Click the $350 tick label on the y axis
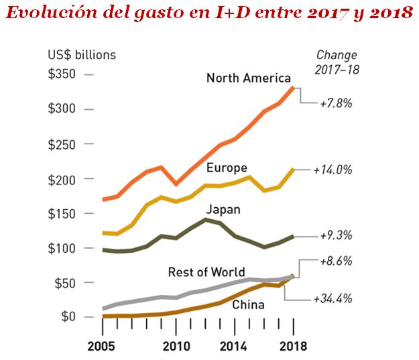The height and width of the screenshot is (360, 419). (61, 74)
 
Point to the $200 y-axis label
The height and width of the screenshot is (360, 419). (61, 179)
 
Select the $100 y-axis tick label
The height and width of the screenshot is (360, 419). (61, 248)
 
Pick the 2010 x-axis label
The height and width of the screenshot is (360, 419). (174, 347)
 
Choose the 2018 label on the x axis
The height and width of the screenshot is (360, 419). (292, 347)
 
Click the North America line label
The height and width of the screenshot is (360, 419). (248, 78)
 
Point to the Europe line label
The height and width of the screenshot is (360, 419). (227, 167)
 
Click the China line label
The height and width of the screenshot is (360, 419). (247, 305)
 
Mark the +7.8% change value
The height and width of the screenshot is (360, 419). (336, 104)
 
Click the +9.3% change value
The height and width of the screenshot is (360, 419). (336, 236)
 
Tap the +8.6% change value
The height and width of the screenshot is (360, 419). (336, 260)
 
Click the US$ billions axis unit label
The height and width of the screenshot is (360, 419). (81, 55)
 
